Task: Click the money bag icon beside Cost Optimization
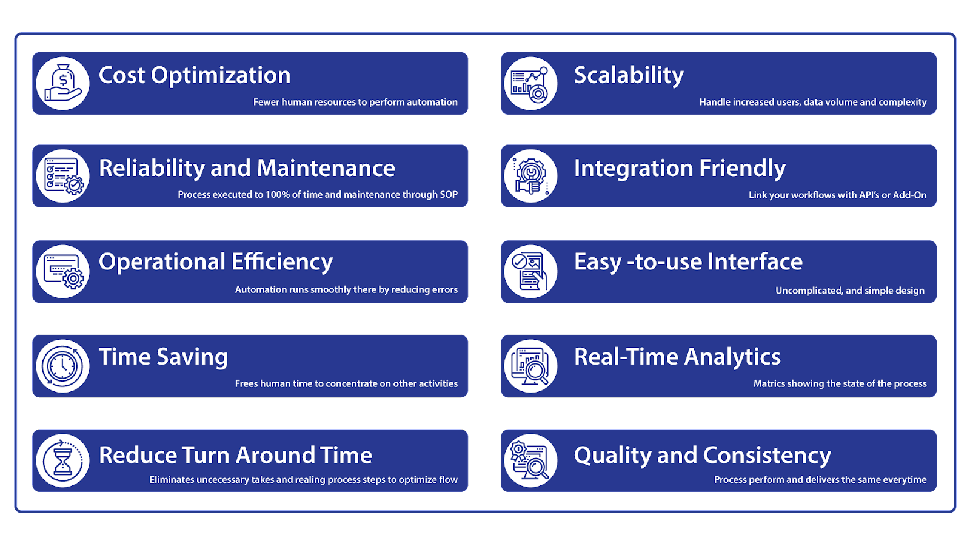(x=62, y=84)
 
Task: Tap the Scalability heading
(x=629, y=76)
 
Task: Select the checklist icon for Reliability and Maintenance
(x=62, y=176)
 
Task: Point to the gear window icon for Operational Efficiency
(x=62, y=271)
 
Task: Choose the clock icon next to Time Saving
(x=62, y=366)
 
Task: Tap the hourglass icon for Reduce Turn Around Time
(x=62, y=460)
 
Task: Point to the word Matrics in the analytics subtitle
(x=769, y=383)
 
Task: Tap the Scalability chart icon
(x=530, y=84)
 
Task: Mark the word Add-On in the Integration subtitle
(x=909, y=195)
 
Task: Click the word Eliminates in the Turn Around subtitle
(x=172, y=479)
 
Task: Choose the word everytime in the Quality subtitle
(x=905, y=479)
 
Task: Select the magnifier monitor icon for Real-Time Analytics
(x=530, y=366)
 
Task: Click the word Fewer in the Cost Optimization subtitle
(x=266, y=102)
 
